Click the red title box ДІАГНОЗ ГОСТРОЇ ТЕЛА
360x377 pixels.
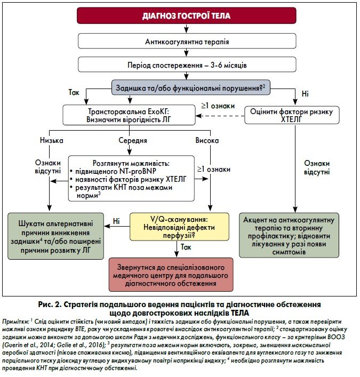pos(186,15)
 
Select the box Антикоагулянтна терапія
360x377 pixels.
pos(187,41)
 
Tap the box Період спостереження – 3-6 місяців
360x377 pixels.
pos(187,65)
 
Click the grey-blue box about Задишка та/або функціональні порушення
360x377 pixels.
pos(191,87)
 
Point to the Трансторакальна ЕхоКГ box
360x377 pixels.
pos(129,115)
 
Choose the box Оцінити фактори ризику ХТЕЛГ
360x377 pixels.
pos(292,115)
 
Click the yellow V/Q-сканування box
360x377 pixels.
pos(179,227)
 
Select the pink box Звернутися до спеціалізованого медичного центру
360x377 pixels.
pos(171,275)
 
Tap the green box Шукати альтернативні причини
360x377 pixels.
pos(56,236)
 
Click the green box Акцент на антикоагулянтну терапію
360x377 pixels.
pos(289,235)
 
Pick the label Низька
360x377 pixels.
pos(51,140)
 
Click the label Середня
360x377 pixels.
pos(133,140)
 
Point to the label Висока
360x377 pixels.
pos(207,140)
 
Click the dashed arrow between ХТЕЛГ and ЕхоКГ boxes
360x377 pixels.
pos(220,116)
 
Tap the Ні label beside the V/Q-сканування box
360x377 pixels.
pos(116,221)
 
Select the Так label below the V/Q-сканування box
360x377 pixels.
pos(186,247)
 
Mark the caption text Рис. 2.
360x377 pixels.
pos(49,304)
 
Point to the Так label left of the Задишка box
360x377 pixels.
pos(74,92)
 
